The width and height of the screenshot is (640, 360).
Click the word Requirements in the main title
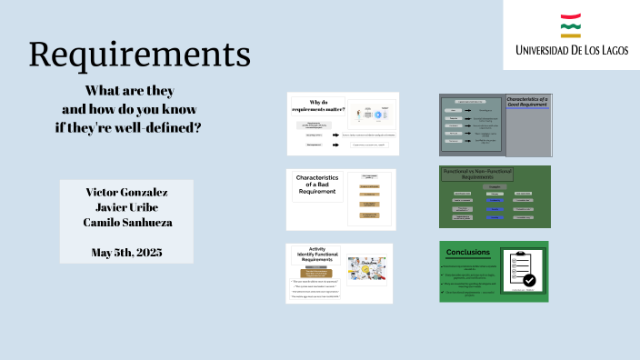pyautogui.click(x=139, y=55)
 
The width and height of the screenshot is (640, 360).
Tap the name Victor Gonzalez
pyautogui.click(x=126, y=192)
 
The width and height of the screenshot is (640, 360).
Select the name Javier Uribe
pyautogui.click(x=126, y=207)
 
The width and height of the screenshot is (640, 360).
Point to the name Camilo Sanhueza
pyautogui.click(x=126, y=223)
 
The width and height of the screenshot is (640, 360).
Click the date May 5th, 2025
pyautogui.click(x=126, y=252)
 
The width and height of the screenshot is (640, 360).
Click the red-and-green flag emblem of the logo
pyautogui.click(x=571, y=25)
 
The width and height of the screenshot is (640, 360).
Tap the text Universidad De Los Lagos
pyautogui.click(x=571, y=50)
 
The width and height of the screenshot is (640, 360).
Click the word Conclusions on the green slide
pyautogui.click(x=468, y=253)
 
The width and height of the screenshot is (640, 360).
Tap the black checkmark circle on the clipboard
pyautogui.click(x=529, y=281)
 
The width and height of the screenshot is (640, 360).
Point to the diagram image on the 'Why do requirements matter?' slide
pyautogui.click(x=371, y=115)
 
